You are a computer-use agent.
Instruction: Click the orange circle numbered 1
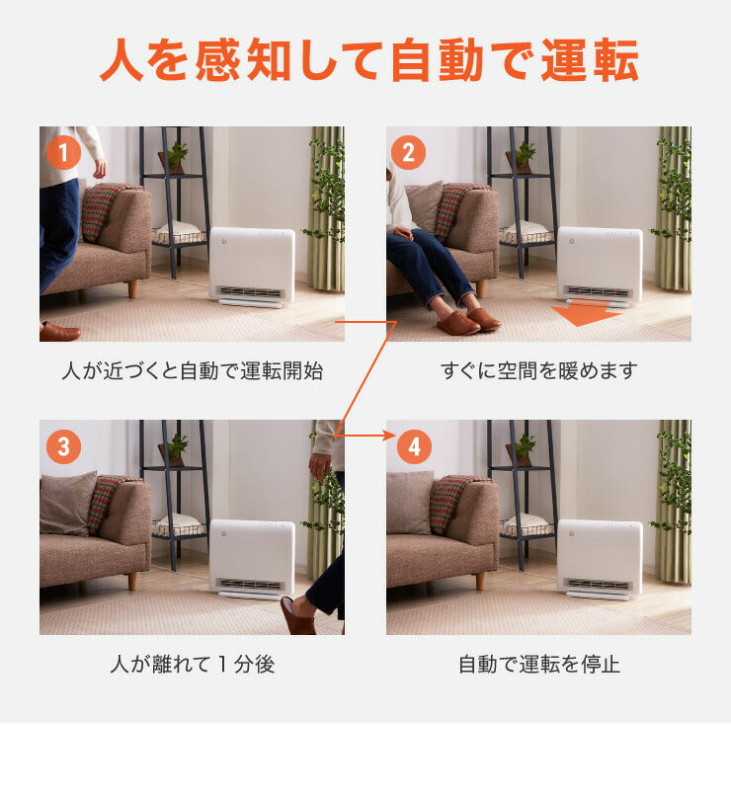[x=63, y=153]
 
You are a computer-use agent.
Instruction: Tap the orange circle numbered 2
[x=409, y=153]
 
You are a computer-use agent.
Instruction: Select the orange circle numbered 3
[x=63, y=446]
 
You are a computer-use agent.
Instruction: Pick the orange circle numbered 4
[x=413, y=446]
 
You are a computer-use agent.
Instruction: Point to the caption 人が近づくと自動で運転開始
[x=192, y=371]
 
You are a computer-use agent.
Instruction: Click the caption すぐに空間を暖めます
[x=538, y=371]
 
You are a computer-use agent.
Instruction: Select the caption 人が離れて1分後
[x=192, y=664]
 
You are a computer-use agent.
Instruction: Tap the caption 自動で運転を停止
[x=538, y=664]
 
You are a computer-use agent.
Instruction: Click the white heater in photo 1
[x=252, y=267]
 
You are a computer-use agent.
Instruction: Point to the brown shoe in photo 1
[x=59, y=331]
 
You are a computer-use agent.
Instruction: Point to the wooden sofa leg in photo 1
[x=132, y=288]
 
